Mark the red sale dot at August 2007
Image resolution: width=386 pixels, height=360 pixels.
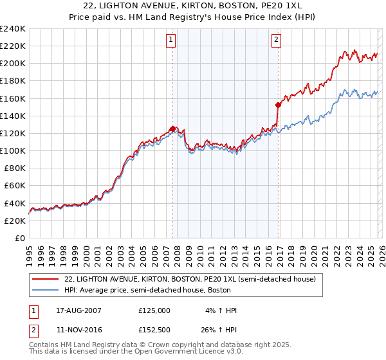pos(172,129)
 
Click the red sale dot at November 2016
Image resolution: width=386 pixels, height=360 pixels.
pos(278,105)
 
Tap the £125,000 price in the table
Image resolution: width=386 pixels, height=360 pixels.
pos(154,310)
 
